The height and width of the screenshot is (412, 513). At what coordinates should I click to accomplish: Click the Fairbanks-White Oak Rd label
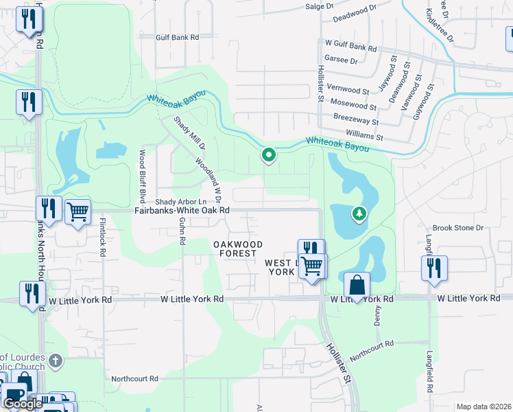181,211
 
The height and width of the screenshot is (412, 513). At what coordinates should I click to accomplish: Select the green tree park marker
358,215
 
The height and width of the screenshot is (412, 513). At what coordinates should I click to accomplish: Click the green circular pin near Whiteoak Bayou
269,157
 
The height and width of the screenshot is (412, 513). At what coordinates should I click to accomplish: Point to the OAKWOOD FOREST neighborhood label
237,249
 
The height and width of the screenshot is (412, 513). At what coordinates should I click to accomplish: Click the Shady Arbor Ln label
181,201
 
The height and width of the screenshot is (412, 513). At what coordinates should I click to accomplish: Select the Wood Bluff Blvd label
143,176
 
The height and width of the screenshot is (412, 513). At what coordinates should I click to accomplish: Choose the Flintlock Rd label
102,238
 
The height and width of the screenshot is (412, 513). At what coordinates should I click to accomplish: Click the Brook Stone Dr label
458,227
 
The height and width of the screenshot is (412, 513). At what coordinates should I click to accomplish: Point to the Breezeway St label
357,118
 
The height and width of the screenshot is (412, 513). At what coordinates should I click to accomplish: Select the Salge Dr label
319,5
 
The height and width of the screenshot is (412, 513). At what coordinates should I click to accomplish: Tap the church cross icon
56,360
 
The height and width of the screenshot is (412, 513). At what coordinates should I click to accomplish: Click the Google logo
23,404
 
